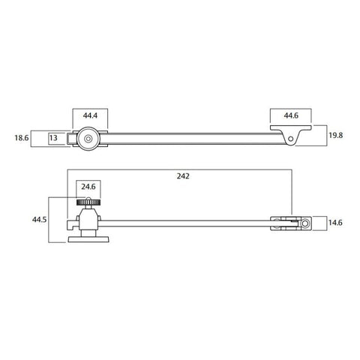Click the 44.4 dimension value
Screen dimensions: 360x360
pos(89,116)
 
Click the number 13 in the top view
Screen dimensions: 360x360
pos(54,137)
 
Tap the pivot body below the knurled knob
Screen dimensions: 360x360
pos(88,221)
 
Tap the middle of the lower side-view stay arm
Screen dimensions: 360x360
pos(187,222)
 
